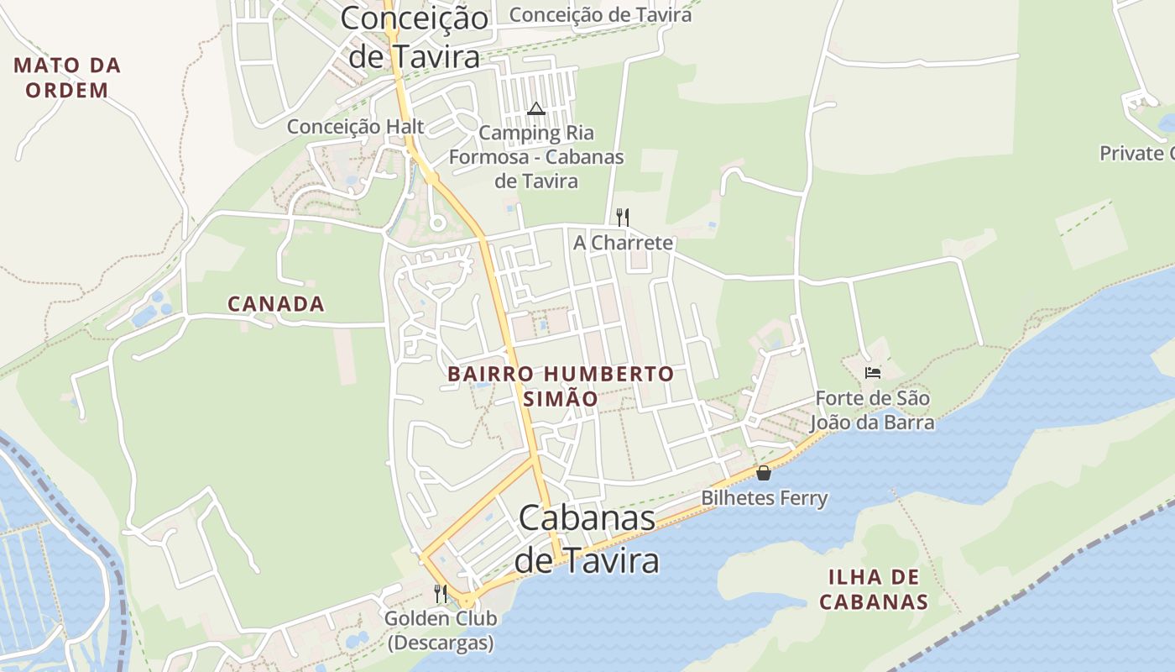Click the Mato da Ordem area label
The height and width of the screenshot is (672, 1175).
point(67,77)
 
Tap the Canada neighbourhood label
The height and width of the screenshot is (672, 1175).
point(275,304)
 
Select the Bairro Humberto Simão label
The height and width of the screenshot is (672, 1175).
point(561,386)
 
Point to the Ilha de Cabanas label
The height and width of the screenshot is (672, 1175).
point(874,589)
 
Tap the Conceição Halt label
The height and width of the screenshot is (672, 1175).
point(356,127)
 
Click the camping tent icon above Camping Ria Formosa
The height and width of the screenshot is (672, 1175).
point(536,108)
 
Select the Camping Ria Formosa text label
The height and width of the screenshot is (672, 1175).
point(536,157)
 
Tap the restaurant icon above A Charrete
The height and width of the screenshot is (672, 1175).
point(623,218)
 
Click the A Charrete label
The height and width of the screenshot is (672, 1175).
point(623,243)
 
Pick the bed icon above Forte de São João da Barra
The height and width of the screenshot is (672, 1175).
point(873,372)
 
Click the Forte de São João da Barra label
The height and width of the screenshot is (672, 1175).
point(874,410)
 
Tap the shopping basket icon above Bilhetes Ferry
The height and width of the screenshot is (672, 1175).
point(764,473)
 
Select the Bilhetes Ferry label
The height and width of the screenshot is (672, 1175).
point(765,498)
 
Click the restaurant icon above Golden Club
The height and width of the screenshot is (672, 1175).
point(441,593)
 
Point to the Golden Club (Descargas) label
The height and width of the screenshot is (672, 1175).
point(441,631)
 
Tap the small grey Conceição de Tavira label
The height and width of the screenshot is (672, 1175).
point(600,15)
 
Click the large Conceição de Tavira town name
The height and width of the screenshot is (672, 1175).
point(415,37)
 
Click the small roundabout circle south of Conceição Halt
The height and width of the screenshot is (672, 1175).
point(436,223)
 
